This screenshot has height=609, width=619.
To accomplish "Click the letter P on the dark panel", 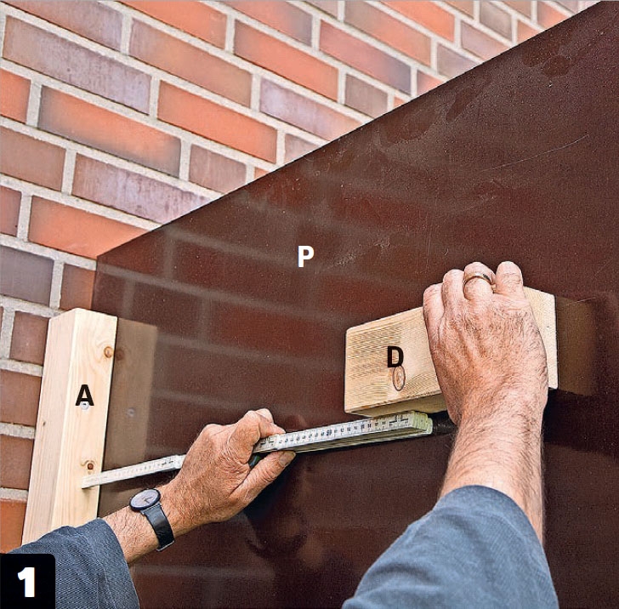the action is [305, 256].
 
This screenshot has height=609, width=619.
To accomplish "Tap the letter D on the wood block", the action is [395, 356].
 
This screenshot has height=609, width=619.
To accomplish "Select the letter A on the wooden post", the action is [84, 396].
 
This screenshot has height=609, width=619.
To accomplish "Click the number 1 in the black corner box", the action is [27, 582].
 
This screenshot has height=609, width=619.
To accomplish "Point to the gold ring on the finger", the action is [478, 277].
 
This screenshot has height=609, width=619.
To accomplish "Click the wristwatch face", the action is [145, 499].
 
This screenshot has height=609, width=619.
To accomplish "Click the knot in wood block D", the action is [399, 378].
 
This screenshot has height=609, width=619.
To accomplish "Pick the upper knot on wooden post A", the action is [108, 351].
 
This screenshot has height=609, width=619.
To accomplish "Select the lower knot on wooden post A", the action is [90, 465].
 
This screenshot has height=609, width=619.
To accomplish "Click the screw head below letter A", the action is [85, 407].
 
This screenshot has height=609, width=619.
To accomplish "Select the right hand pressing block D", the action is [486, 344].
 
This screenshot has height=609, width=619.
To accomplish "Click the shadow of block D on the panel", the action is [575, 345].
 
